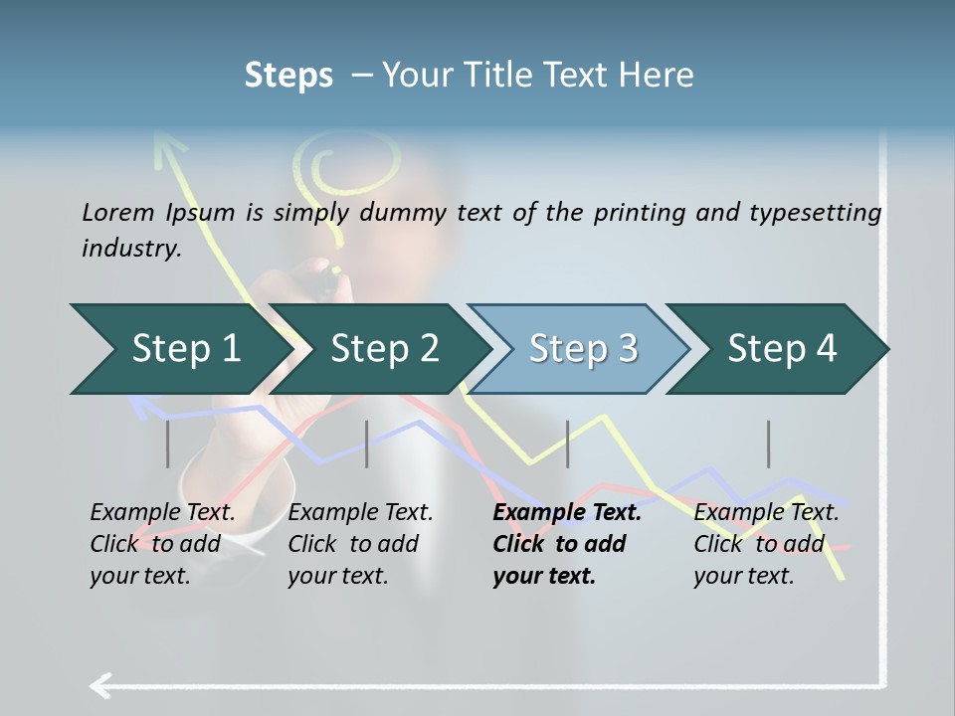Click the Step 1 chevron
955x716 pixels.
click(184, 349)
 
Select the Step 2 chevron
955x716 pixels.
click(383, 349)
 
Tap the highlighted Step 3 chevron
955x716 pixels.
click(582, 349)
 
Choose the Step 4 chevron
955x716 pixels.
click(781, 349)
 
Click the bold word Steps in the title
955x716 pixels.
click(288, 75)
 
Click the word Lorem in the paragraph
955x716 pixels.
click(118, 212)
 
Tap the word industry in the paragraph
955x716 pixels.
click(130, 249)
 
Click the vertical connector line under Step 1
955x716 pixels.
click(168, 444)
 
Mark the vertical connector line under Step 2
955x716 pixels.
click(367, 444)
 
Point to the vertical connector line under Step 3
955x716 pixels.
click(568, 444)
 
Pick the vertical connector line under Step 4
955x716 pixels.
click(768, 444)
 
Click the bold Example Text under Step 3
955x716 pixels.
click(567, 513)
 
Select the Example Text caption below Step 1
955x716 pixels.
click(162, 513)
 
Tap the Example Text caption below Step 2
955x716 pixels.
click(360, 513)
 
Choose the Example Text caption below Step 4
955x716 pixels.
click(766, 513)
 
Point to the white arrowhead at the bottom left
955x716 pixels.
click(100, 685)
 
